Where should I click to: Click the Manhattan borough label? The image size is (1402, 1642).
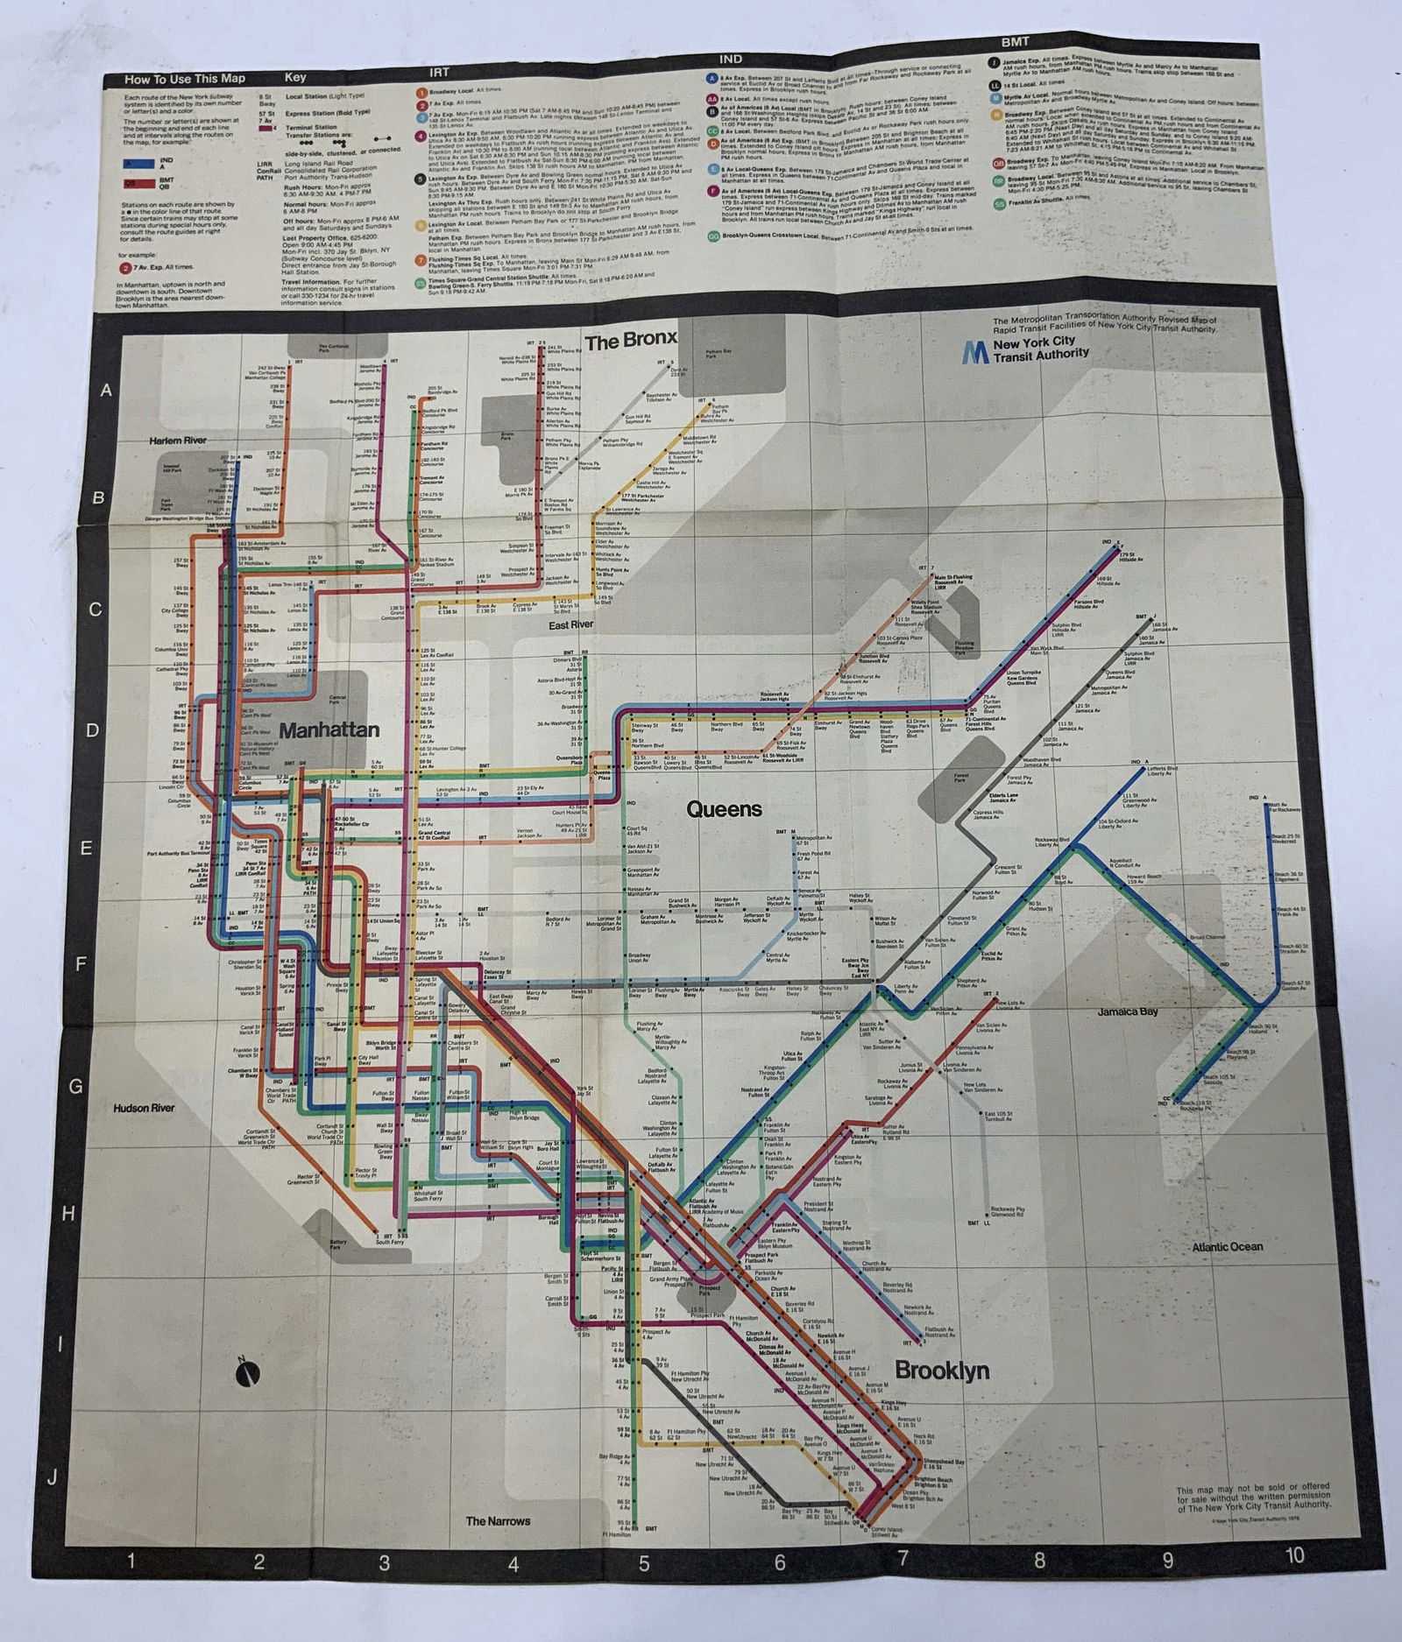329,729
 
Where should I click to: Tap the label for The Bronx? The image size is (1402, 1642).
631,340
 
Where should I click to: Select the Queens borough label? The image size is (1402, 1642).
724,808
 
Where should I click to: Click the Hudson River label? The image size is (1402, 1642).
144,1108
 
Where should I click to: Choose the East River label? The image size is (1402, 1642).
571,624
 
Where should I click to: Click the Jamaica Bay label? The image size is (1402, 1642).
1128,1011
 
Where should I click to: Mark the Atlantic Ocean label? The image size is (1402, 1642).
1227,1246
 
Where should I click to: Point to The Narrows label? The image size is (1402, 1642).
498,1521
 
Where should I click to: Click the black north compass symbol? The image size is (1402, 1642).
248,1374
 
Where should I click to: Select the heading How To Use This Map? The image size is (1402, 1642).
185,79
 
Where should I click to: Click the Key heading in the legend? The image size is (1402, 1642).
295,77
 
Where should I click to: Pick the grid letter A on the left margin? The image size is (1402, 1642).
107,391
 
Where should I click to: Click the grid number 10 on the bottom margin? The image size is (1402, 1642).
1294,1555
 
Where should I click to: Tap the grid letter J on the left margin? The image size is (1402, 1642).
53,1478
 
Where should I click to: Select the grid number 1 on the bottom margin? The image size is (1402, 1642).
131,1560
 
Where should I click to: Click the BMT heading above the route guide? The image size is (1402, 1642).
1016,41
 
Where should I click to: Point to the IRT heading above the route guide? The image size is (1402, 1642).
438,72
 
